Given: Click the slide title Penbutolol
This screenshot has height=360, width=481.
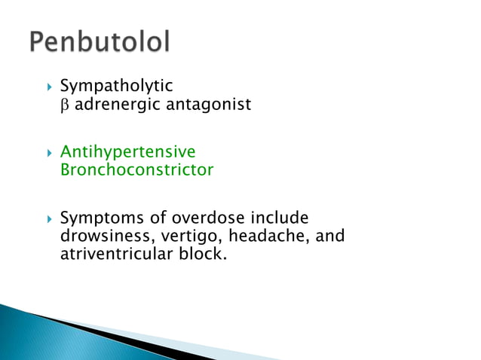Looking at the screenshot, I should pyautogui.click(x=100, y=42).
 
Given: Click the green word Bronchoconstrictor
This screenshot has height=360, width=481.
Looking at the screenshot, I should pyautogui.click(x=136, y=170).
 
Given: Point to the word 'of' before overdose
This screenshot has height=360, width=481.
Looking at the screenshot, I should pyautogui.click(x=154, y=218).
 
